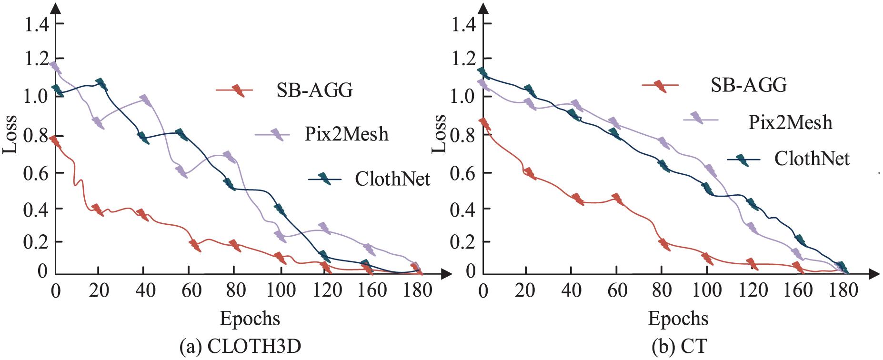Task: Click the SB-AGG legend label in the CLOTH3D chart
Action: click(x=315, y=90)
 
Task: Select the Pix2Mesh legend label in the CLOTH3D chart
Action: click(x=347, y=134)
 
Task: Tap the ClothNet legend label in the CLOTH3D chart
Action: click(x=392, y=179)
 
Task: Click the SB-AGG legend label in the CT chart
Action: click(x=749, y=85)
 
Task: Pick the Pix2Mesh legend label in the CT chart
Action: click(x=791, y=122)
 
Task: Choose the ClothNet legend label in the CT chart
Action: click(x=812, y=159)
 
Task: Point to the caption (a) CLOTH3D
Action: click(x=241, y=346)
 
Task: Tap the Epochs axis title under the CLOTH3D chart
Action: click(x=250, y=319)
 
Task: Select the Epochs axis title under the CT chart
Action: click(x=678, y=319)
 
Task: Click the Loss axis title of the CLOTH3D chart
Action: click(x=10, y=135)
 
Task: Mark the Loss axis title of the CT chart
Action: click(x=439, y=135)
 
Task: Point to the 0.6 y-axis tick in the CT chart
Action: click(x=463, y=173)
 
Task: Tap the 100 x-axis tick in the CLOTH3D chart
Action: click(x=281, y=290)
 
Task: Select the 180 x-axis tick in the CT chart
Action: click(x=843, y=290)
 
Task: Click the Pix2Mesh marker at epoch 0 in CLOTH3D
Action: click(x=56, y=67)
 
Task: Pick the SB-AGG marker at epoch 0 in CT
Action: click(x=485, y=124)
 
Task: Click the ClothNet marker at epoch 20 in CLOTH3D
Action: click(x=101, y=85)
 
